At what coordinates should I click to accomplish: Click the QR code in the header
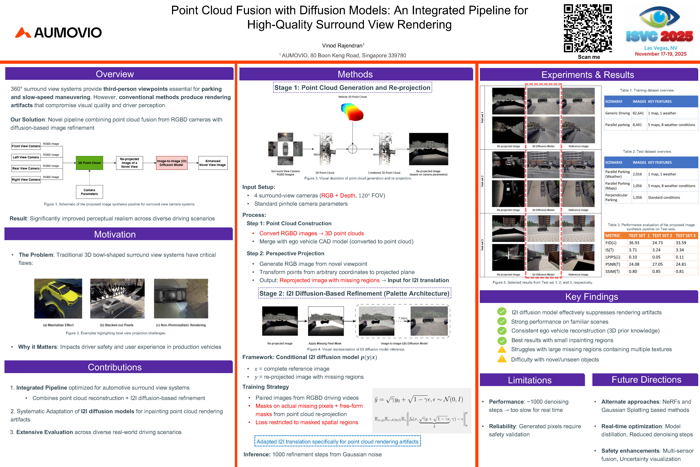(588, 28)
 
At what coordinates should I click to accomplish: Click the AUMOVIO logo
(59, 32)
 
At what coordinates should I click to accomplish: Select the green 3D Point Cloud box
(89, 163)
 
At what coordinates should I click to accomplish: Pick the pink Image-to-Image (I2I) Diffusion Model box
(172, 163)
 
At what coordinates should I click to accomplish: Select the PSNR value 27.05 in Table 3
(657, 264)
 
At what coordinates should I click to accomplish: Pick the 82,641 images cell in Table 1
(638, 113)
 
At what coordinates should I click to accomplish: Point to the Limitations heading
(530, 380)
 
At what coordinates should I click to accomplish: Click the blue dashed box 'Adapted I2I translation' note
(337, 441)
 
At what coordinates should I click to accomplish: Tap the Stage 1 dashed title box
(352, 88)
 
